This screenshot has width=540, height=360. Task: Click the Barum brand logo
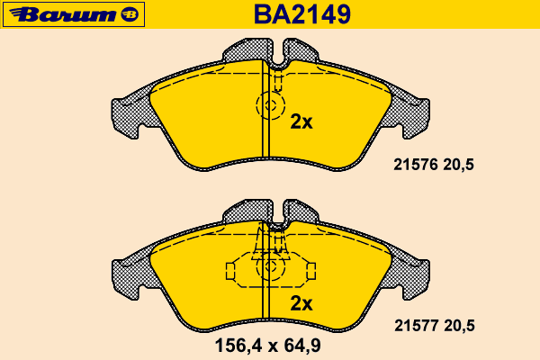click(x=74, y=14)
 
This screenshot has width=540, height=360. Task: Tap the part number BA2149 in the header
click(x=302, y=14)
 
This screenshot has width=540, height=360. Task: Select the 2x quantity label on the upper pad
click(x=301, y=121)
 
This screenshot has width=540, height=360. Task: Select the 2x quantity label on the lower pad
click(x=301, y=303)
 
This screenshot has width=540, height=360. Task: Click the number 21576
click(x=416, y=165)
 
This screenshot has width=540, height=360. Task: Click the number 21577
click(x=417, y=326)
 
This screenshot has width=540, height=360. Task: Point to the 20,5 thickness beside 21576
click(x=458, y=165)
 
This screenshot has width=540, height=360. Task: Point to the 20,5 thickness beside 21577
click(x=459, y=326)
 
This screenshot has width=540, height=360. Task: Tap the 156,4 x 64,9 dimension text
click(x=267, y=346)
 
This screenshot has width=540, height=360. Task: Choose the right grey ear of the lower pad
click(x=411, y=277)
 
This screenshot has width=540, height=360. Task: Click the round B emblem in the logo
click(x=130, y=14)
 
